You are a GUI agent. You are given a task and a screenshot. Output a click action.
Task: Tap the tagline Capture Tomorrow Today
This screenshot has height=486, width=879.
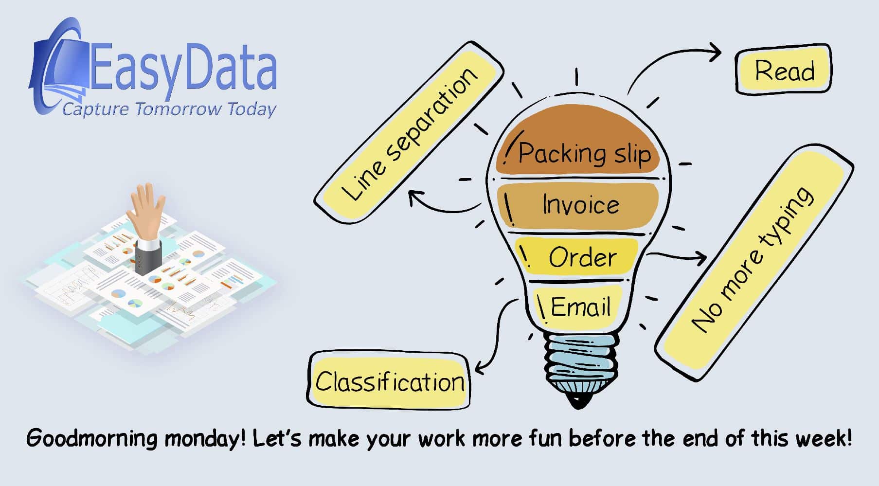click(x=169, y=108)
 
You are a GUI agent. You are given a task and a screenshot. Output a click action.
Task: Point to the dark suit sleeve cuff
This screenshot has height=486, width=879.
click(x=148, y=253)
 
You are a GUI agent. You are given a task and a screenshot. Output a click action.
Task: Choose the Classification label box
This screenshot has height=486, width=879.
click(x=389, y=381)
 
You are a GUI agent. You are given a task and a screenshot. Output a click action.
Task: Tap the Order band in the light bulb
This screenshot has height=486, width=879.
click(x=579, y=256)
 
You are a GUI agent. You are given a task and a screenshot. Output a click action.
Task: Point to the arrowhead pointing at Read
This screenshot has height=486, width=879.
click(x=714, y=52)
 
